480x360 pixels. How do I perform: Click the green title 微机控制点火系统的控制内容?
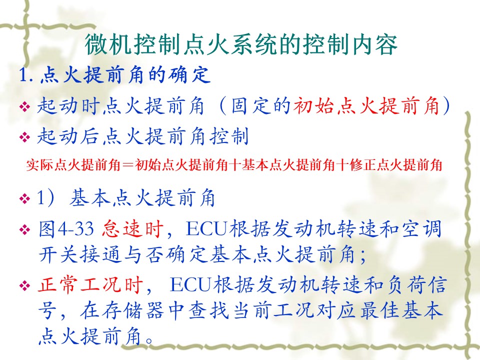[241, 44]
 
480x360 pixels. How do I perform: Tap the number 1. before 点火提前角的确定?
[26, 74]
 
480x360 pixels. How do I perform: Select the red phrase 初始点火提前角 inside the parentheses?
[366, 106]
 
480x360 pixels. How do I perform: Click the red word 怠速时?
[132, 228]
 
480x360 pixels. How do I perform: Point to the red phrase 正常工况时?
[90, 284]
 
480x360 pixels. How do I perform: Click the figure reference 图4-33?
[66, 228]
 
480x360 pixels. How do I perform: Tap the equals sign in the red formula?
[127, 165]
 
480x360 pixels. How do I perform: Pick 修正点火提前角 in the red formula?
[396, 165]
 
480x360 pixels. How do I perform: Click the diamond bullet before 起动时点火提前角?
[25, 107]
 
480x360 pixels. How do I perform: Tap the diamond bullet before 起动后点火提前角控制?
[25, 137]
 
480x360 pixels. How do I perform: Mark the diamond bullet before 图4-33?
[25, 229]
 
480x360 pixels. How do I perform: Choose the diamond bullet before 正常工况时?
[25, 286]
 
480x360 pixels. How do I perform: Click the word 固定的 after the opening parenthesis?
[260, 106]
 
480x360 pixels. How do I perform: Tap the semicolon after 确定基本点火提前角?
[363, 256]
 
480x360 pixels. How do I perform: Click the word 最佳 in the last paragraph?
[380, 310]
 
